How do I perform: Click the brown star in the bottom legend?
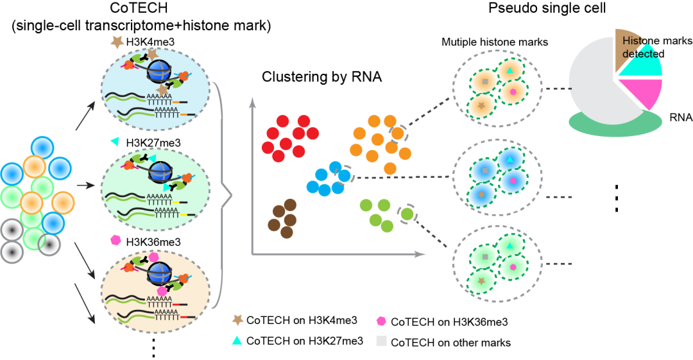(238, 320)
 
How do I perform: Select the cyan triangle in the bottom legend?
(237, 341)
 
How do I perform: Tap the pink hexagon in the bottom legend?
(381, 321)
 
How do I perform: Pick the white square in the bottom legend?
(381, 341)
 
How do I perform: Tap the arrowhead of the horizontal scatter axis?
(420, 255)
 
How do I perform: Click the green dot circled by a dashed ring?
(407, 214)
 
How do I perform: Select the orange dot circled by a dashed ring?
(398, 133)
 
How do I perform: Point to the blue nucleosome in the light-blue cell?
(158, 71)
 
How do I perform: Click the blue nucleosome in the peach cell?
(159, 273)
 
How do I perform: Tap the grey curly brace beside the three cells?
(225, 193)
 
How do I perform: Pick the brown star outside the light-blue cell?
(117, 42)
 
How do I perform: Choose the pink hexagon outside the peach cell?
(116, 240)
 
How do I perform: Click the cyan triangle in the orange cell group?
(509, 70)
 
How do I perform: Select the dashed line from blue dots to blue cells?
(398, 177)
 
